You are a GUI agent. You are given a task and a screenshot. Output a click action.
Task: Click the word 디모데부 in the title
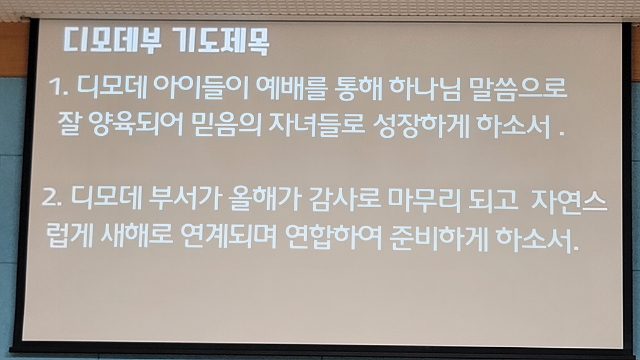click(x=112, y=41)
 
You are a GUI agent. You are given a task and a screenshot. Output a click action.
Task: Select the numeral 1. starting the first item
click(x=59, y=88)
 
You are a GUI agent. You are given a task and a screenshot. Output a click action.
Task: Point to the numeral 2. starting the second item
click(x=52, y=199)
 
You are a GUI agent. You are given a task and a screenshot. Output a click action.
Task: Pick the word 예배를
click(x=291, y=88)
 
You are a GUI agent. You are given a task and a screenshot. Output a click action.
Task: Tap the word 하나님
click(x=425, y=88)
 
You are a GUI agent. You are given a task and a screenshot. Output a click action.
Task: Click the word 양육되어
click(x=135, y=124)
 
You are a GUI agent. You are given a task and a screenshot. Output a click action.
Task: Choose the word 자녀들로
click(x=316, y=125)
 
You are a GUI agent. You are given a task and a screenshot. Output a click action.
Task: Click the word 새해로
click(x=135, y=235)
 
